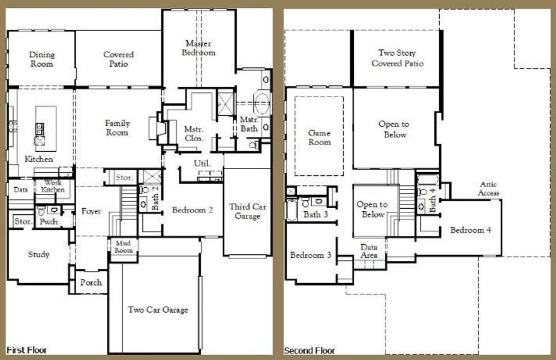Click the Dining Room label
(x=41, y=59)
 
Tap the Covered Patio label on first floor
(x=118, y=59)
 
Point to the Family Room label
(x=118, y=128)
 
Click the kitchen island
(x=46, y=126)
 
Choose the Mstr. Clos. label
(x=194, y=133)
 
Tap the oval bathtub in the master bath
(x=262, y=104)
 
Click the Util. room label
(x=201, y=163)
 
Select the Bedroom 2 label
(x=193, y=210)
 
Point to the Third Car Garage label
(x=247, y=211)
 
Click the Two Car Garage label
(x=158, y=310)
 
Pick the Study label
(x=38, y=254)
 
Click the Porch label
(x=91, y=283)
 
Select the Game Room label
(x=319, y=137)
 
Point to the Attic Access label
(x=489, y=189)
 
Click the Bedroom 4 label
(x=471, y=230)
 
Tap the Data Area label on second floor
(x=369, y=251)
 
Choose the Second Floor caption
(x=309, y=350)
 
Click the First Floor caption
(x=26, y=350)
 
